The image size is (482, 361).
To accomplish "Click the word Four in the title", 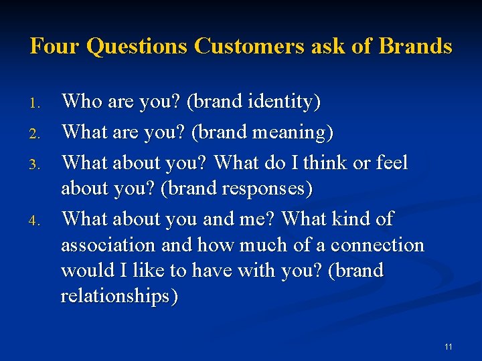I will (56, 46).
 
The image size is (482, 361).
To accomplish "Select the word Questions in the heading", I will (138, 46).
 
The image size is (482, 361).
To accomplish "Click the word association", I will (108, 245).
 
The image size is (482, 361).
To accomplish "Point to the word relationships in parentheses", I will (119, 296).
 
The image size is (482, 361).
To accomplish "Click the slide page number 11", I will (448, 346).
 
